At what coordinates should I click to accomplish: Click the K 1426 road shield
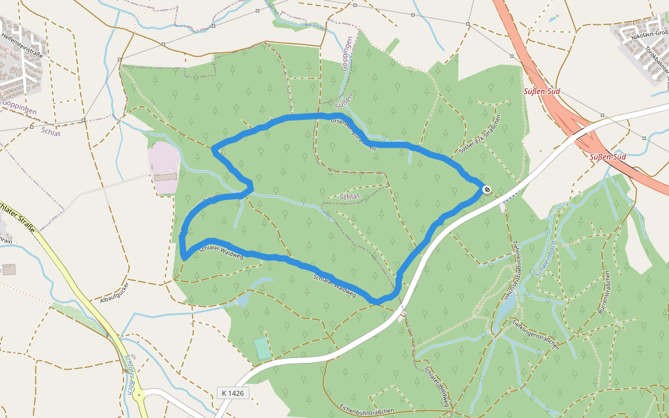click(233, 393)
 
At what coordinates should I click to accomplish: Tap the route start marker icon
click(486, 189)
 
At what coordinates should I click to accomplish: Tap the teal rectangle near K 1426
click(262, 348)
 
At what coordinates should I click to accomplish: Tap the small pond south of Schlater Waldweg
click(243, 300)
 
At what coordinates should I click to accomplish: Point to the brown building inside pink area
click(165, 177)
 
